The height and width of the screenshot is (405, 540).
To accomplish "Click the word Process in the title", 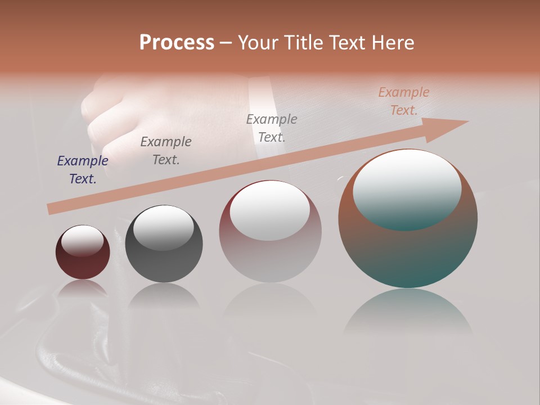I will pos(177,43).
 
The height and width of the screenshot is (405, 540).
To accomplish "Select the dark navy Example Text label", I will pos(83,170).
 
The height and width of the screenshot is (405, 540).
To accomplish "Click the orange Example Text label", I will pos(403,101).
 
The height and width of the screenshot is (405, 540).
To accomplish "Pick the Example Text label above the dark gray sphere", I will pos(166,151).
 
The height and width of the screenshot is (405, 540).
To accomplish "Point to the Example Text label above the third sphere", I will pos(272,128).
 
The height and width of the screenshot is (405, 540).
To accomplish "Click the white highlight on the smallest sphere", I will pos(83,240).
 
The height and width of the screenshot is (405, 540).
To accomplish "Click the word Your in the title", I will pos(259,43).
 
